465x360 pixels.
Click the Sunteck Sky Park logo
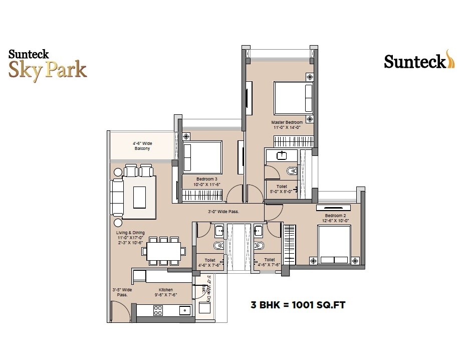pos(48,64)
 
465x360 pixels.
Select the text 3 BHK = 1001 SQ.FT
pos(298,304)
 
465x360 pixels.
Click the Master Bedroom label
pos(287,122)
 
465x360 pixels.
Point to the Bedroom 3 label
pos(206,178)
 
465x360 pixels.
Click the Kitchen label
pos(166,290)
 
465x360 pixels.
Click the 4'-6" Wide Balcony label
pos(142,145)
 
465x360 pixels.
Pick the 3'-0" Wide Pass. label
pos(223,212)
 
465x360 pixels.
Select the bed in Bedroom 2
pos(334,244)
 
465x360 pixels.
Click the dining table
pos(164,250)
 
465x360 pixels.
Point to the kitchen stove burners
pos(158,310)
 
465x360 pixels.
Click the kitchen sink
pos(184,310)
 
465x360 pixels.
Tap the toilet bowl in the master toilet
pos(292,171)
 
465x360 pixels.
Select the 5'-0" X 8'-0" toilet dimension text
pos(281,191)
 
